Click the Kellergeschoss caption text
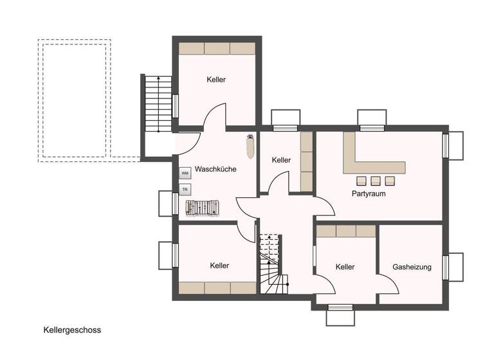(x=72, y=330)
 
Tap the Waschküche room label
(x=215, y=170)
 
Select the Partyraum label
(x=368, y=193)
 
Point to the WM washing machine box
(x=185, y=173)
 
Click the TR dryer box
(x=185, y=190)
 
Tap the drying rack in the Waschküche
(x=203, y=208)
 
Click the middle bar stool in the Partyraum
(x=375, y=180)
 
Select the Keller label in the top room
(x=216, y=80)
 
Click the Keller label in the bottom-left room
(x=219, y=265)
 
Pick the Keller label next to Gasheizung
(x=345, y=267)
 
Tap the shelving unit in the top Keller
(x=216, y=48)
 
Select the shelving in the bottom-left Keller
(x=217, y=287)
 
